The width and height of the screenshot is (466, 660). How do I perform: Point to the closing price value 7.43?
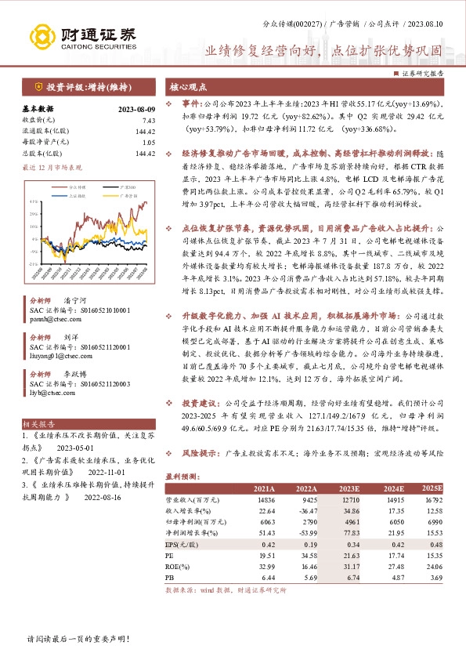pos(148,119)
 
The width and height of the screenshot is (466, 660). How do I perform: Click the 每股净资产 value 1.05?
pos(148,143)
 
